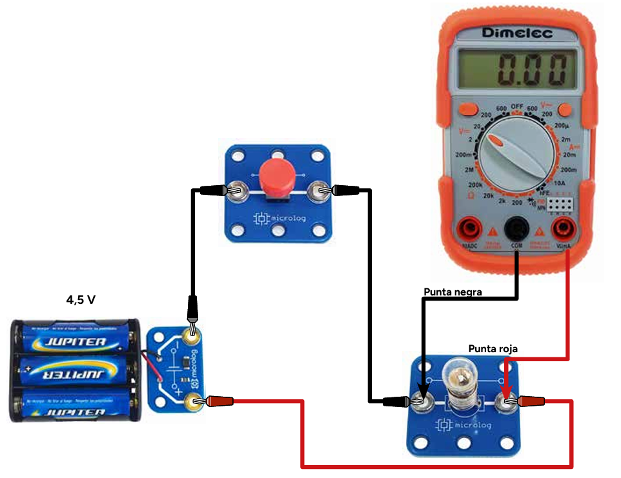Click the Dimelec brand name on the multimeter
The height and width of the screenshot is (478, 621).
[517, 33]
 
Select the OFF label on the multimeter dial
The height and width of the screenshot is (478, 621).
[517, 106]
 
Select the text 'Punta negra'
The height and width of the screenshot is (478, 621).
[453, 292]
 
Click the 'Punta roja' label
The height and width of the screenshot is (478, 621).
[493, 349]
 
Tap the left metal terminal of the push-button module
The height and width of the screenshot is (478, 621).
[237, 191]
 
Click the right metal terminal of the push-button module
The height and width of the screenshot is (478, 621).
[317, 190]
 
